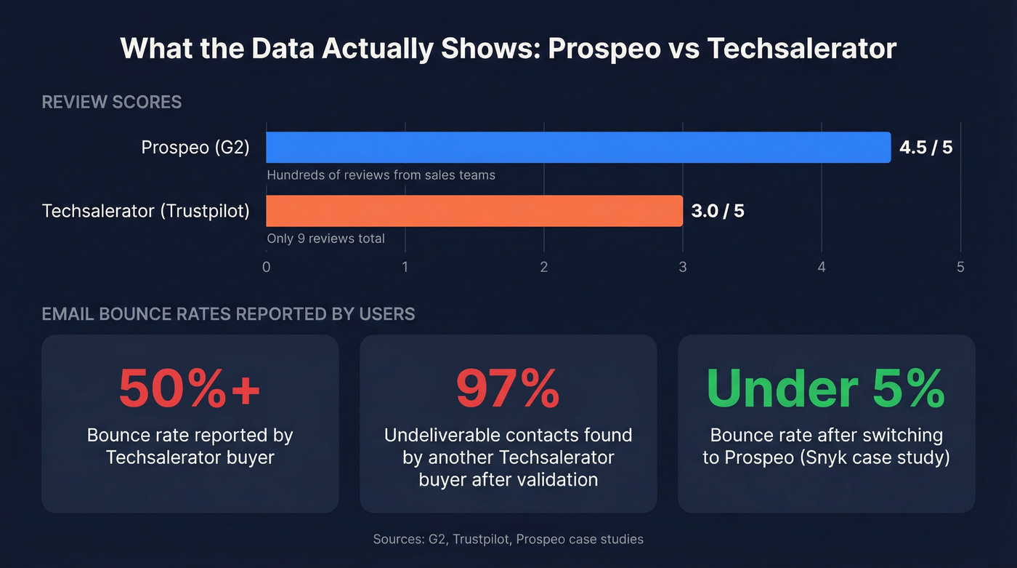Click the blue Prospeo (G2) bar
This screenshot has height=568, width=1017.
(578, 148)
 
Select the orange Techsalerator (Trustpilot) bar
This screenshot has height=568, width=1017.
(474, 211)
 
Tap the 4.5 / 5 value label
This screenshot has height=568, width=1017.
(925, 148)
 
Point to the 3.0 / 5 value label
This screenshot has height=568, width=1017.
(718, 211)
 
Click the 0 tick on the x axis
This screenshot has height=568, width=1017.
(267, 267)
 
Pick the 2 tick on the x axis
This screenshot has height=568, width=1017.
(544, 267)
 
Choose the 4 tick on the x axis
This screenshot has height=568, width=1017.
(822, 267)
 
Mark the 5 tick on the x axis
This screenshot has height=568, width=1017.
(960, 267)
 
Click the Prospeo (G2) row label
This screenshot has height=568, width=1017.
(195, 148)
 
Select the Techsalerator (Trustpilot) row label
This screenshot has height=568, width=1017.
(146, 211)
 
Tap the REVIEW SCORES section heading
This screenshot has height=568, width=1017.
(112, 102)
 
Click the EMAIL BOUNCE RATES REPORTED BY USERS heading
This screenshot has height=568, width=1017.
(228, 314)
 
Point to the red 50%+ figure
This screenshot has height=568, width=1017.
(190, 388)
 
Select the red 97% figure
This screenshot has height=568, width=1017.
(508, 388)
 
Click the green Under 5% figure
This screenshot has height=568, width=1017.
(826, 388)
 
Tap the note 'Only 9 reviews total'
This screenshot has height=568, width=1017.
(325, 239)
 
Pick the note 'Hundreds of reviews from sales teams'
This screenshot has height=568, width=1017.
(381, 175)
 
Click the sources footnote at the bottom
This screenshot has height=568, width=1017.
(508, 539)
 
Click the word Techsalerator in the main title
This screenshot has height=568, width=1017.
(801, 49)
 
